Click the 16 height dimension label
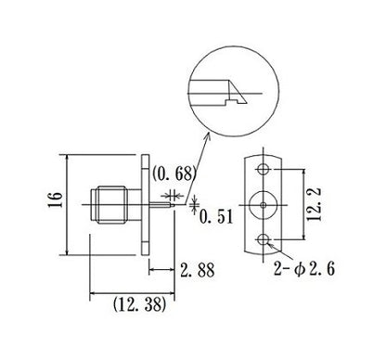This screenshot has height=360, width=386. (x=55, y=199)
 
